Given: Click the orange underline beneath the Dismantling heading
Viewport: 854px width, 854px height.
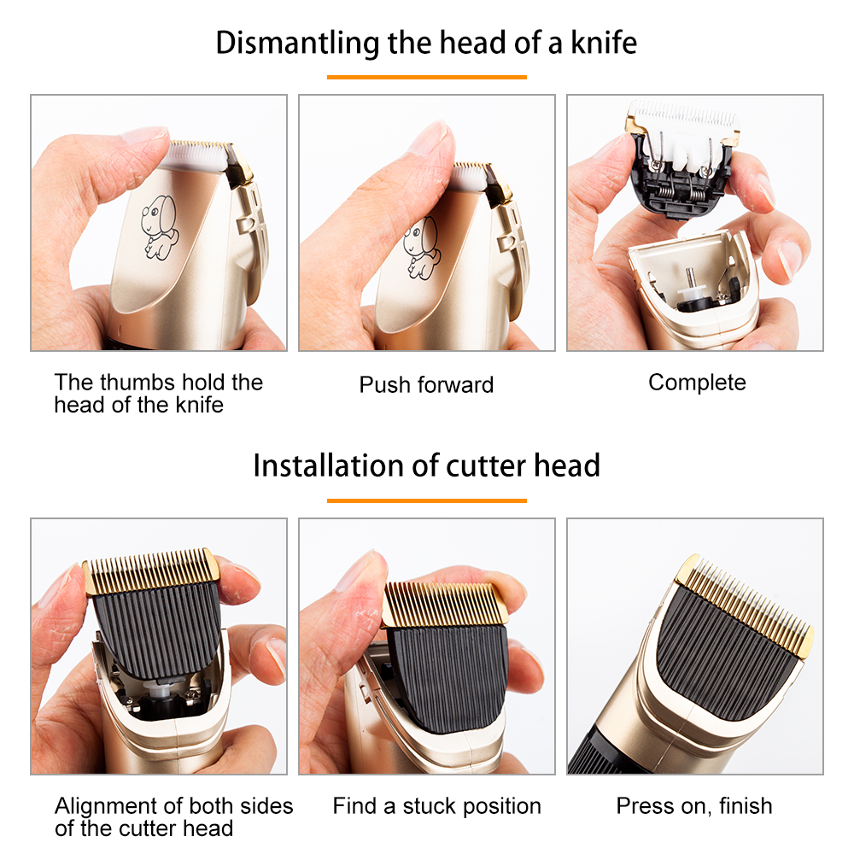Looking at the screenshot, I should click(x=426, y=77).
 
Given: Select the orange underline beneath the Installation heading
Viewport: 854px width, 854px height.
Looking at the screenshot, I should click(x=426, y=500).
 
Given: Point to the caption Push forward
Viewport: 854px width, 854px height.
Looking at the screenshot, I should click(x=426, y=384).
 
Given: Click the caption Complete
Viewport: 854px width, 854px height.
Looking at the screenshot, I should click(x=697, y=383).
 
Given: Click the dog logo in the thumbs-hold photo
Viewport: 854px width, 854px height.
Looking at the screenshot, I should click(x=158, y=224).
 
